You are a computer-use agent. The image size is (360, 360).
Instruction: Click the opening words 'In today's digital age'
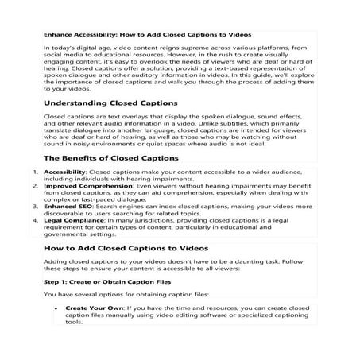click(x=75, y=48)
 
